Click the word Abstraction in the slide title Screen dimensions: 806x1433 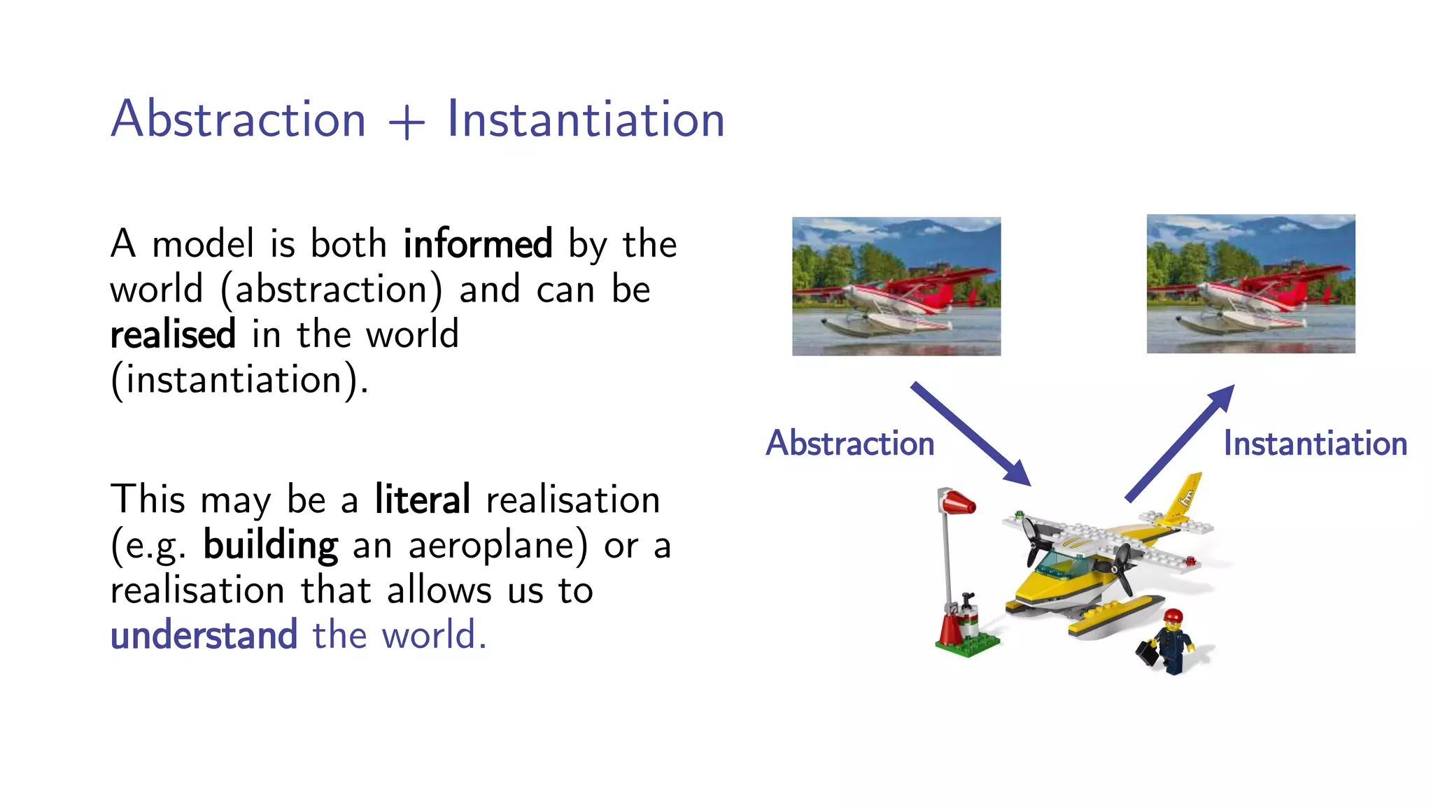[x=239, y=119]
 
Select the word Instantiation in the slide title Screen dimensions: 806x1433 [x=586, y=119]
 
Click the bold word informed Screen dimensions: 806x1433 [x=478, y=244]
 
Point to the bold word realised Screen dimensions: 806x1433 [x=173, y=334]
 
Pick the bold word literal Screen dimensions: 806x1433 [x=422, y=500]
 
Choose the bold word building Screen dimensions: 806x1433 [x=271, y=546]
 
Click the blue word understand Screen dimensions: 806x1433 [x=204, y=635]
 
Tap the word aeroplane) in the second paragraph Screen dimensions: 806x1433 [x=497, y=546]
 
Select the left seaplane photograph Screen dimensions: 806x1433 [x=896, y=286]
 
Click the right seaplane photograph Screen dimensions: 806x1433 [x=1250, y=283]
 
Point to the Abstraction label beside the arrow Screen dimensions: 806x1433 [x=850, y=444]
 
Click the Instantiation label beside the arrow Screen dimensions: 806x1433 [x=1315, y=444]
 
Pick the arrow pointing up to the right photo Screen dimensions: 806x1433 [x=1180, y=442]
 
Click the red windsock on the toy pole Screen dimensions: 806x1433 [x=958, y=502]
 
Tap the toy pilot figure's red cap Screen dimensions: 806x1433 [x=1173, y=616]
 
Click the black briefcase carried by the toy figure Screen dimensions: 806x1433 [x=1148, y=653]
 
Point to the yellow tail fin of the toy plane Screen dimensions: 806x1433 [x=1187, y=497]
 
